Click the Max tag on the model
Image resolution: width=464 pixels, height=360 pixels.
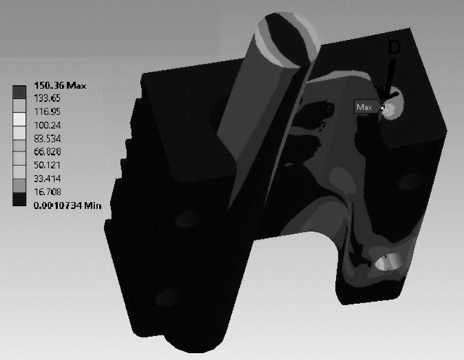click(364, 107)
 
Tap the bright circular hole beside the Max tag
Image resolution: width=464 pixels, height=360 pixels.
click(392, 108)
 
